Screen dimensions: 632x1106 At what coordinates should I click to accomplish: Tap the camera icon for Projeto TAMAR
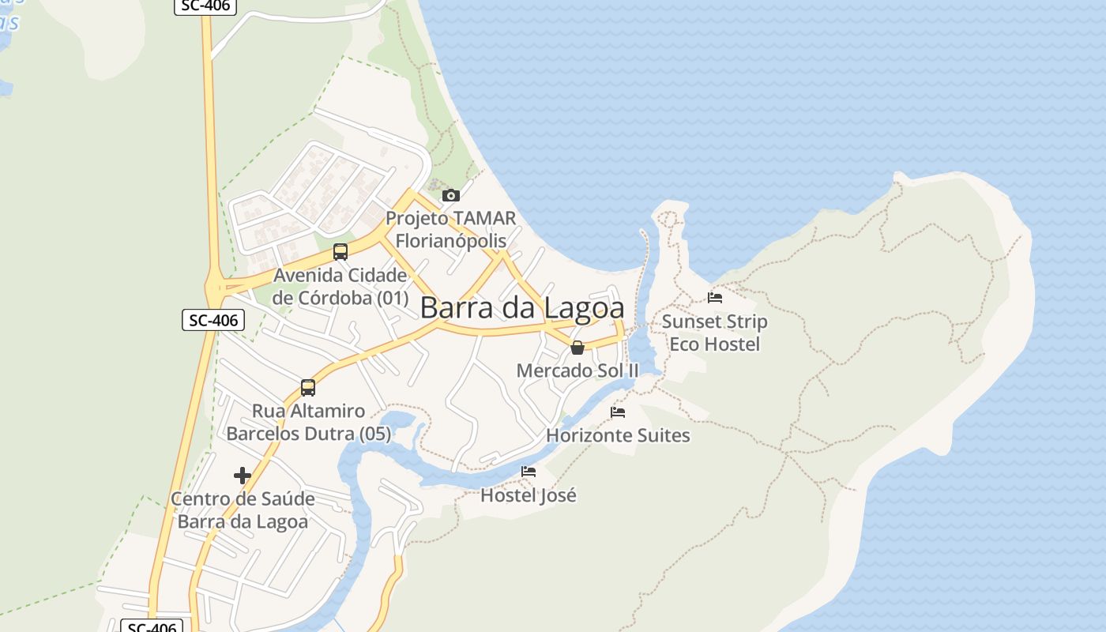click(x=450, y=195)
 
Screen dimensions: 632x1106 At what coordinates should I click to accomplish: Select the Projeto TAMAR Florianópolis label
click(x=450, y=229)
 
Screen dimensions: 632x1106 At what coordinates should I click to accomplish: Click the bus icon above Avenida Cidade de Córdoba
click(x=340, y=252)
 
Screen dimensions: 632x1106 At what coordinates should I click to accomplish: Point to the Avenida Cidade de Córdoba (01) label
click(x=340, y=287)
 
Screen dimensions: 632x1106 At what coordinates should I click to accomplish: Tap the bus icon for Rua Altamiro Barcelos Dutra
click(x=308, y=388)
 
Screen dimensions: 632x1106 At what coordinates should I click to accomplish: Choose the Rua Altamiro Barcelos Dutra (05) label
click(x=308, y=423)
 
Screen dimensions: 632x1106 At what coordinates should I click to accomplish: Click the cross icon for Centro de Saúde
click(x=243, y=476)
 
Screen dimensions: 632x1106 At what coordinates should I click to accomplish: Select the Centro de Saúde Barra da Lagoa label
click(x=243, y=510)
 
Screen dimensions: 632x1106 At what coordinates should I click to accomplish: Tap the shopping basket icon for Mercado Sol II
click(x=577, y=347)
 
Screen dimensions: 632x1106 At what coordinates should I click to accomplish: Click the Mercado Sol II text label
click(x=577, y=371)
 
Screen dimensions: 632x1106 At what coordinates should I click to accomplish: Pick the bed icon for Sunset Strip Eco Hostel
click(x=715, y=298)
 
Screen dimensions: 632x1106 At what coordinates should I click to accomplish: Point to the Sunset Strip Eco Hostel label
click(x=715, y=333)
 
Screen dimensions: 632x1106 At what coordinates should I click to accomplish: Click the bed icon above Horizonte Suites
click(x=618, y=412)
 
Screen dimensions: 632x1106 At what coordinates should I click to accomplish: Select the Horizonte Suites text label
click(x=618, y=435)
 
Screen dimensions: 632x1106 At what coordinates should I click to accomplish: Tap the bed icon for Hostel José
click(x=529, y=472)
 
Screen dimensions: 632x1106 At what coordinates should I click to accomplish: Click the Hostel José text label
click(x=529, y=495)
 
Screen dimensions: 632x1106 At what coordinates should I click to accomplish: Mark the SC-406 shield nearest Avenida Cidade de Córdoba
click(x=213, y=320)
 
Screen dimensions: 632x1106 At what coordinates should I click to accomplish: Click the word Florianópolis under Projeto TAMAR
click(x=450, y=240)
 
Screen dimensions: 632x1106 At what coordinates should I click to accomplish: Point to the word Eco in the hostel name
click(x=684, y=344)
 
